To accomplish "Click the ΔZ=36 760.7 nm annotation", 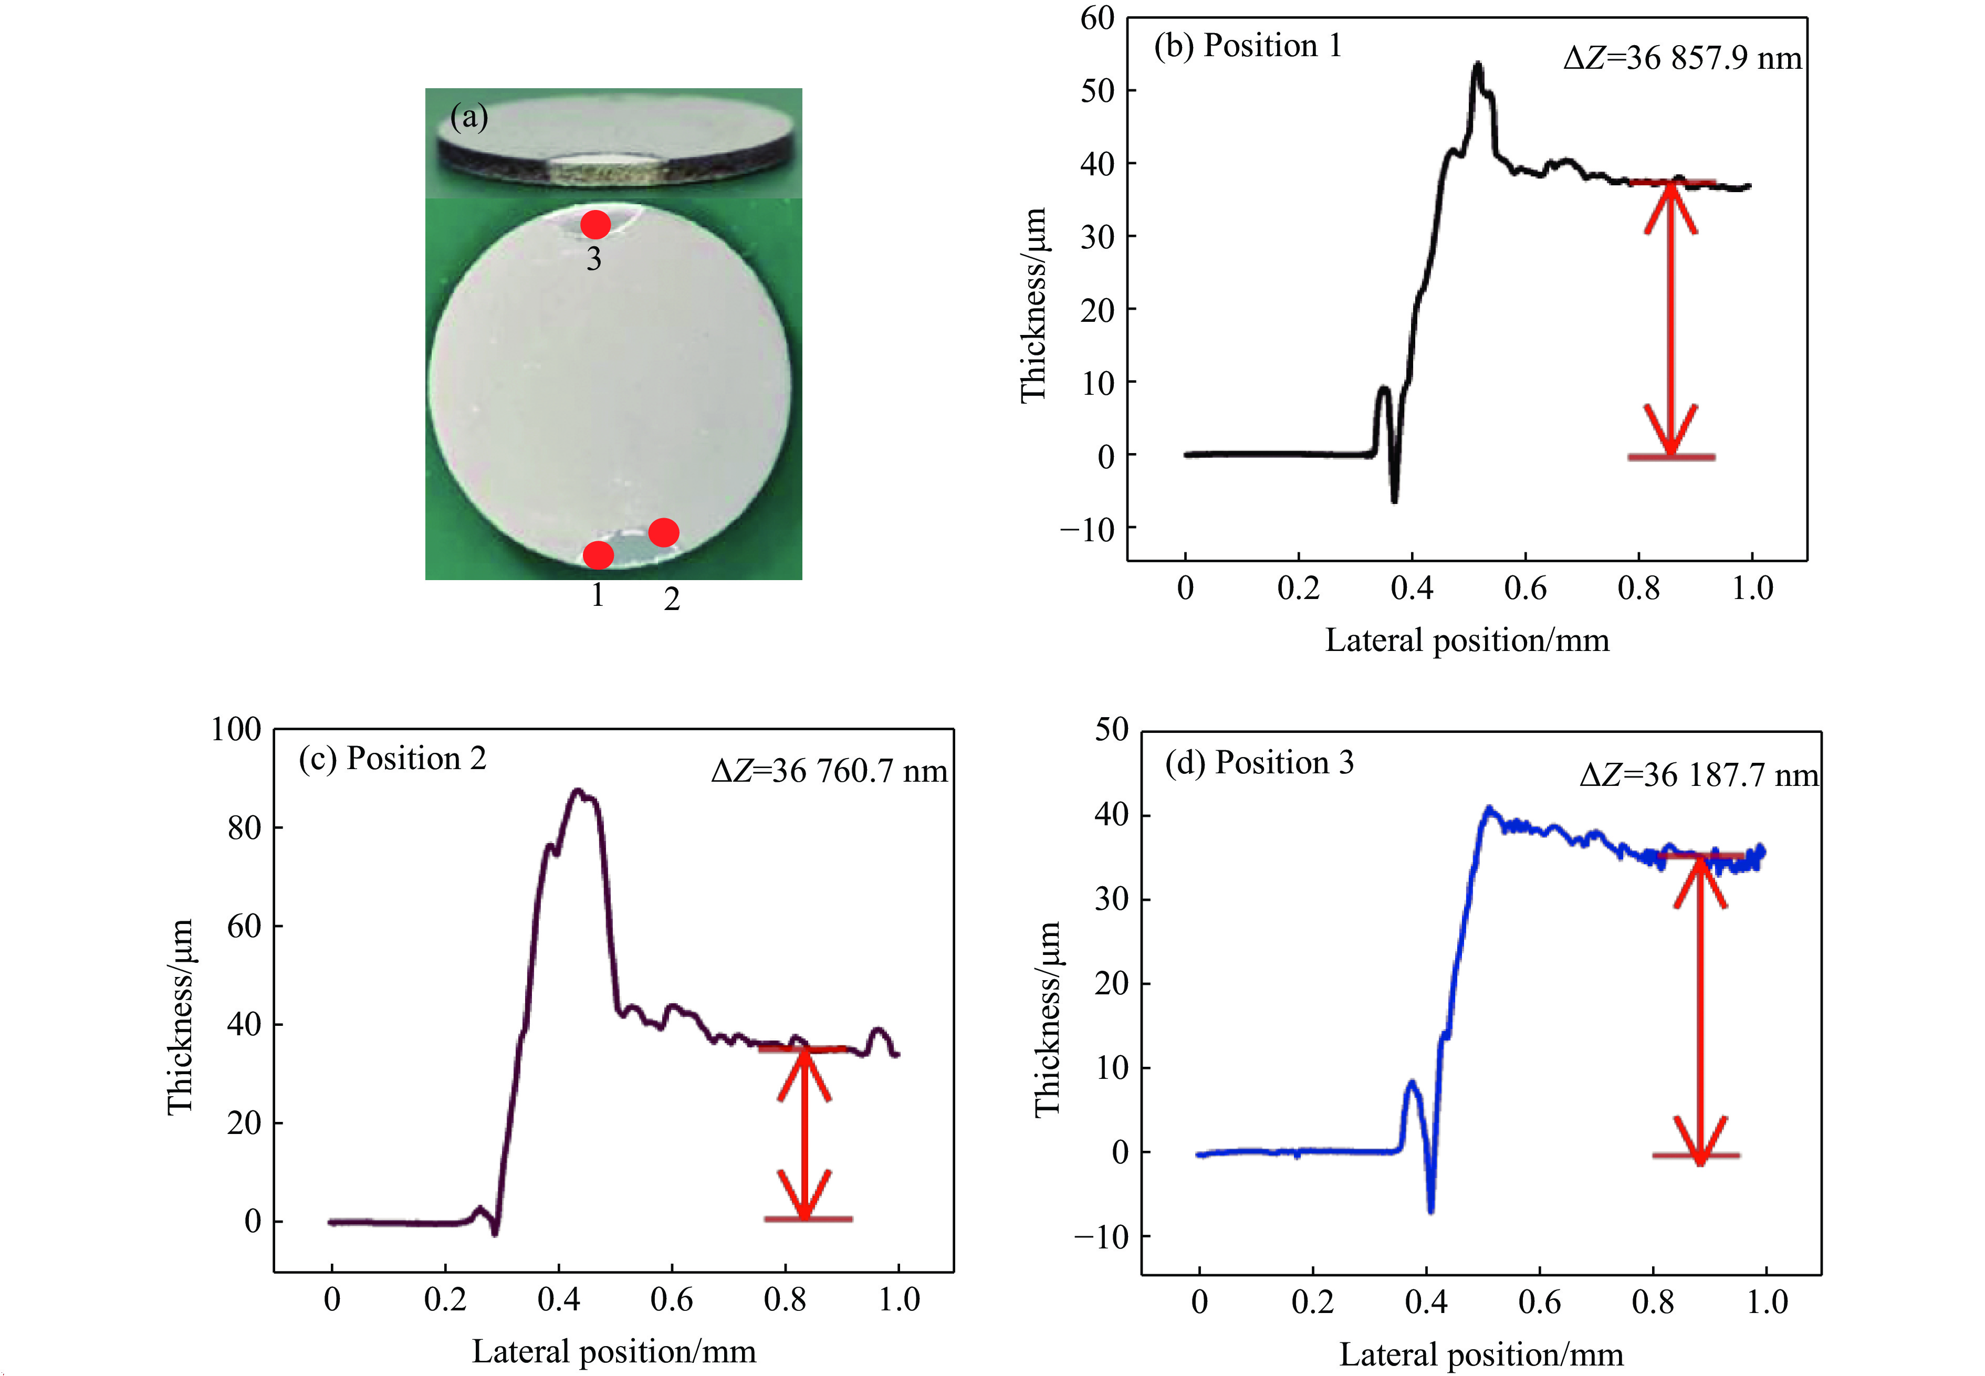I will [x=829, y=771].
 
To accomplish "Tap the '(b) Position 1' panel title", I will [x=1248, y=46].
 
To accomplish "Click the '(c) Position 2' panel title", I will [x=392, y=759].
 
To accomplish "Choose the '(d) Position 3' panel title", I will [x=1259, y=763].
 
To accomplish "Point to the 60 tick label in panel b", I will [x=1097, y=18].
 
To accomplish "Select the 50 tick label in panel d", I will [x=1112, y=730].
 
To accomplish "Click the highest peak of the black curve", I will [x=1478, y=64].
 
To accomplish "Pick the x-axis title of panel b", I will [x=1467, y=640].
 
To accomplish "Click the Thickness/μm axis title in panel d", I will [x=1047, y=1019].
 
